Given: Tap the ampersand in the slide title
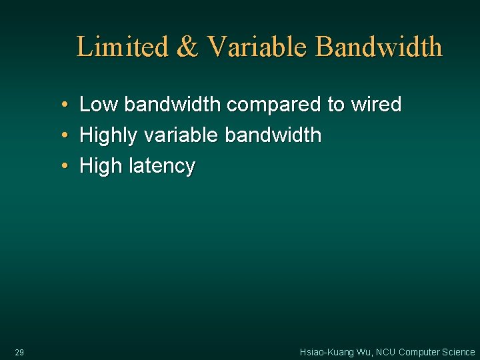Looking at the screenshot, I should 187,47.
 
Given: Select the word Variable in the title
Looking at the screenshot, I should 257,47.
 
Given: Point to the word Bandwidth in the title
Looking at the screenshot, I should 379,47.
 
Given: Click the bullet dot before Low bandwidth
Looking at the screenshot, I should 62,105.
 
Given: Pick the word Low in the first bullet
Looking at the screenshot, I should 99,105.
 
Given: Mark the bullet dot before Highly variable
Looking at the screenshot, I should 62,135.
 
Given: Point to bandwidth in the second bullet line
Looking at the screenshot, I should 273,135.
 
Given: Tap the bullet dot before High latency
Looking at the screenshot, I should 62,165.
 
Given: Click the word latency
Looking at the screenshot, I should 162,166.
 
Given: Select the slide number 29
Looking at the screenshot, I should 19,352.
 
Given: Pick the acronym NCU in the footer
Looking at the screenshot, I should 385,352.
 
